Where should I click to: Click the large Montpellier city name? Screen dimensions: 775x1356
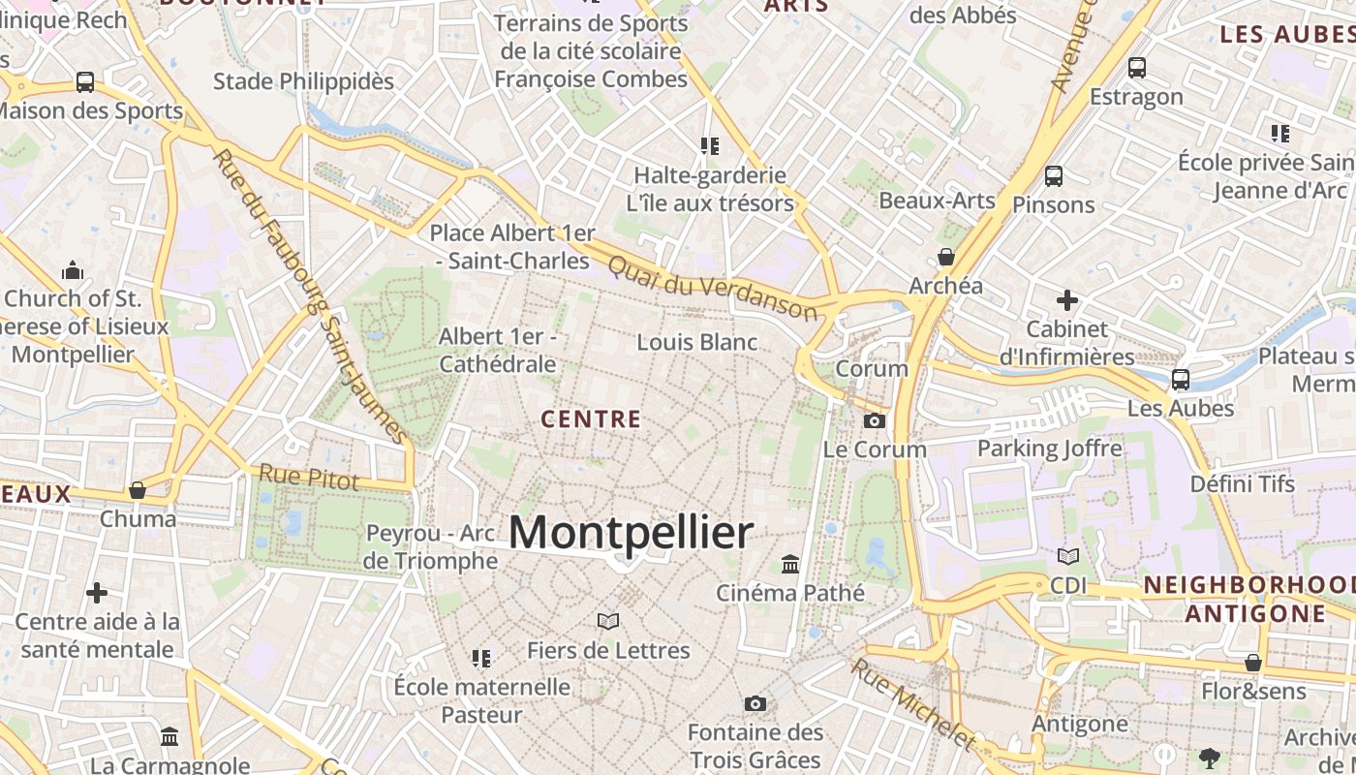click(x=631, y=533)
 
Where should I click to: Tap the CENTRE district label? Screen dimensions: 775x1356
click(x=591, y=419)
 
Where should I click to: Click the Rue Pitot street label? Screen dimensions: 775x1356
click(x=309, y=477)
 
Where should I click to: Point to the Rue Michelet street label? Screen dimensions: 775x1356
click(x=913, y=704)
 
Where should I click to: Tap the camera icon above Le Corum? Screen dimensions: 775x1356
click(x=874, y=420)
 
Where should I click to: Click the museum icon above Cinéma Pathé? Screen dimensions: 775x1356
click(x=790, y=564)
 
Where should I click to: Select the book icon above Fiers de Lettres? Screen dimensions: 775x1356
click(x=608, y=621)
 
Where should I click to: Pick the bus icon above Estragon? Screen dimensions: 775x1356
click(x=1137, y=68)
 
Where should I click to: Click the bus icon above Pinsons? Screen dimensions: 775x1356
click(x=1054, y=176)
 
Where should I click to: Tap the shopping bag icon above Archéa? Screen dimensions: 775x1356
click(x=946, y=257)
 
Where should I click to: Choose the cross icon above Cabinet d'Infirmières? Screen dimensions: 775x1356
click(x=1066, y=300)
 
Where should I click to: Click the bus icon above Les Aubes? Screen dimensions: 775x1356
click(x=1181, y=379)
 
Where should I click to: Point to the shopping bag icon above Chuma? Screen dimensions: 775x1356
click(x=138, y=490)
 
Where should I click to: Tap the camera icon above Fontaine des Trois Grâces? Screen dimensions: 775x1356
click(x=755, y=703)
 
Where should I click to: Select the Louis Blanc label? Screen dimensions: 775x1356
click(x=697, y=342)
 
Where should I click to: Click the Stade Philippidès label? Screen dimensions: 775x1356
click(x=303, y=81)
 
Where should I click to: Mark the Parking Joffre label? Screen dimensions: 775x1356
click(x=1050, y=449)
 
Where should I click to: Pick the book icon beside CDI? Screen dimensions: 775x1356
click(x=1067, y=557)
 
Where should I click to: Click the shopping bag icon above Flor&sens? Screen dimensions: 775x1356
click(x=1253, y=663)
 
